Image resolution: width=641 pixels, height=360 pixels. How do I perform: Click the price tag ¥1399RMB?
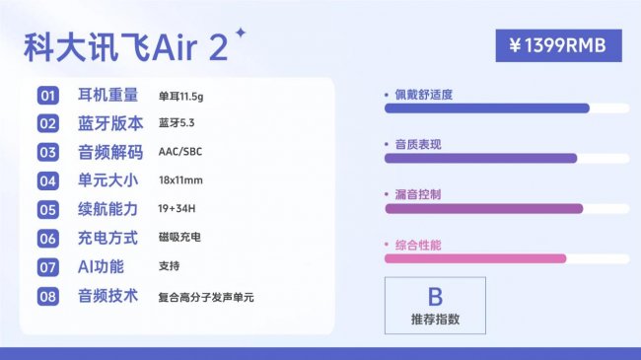point(559,44)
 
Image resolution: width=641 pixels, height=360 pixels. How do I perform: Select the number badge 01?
point(48,96)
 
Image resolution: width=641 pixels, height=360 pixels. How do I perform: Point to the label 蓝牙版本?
point(109,123)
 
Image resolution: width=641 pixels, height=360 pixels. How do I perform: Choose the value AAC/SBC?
point(180,152)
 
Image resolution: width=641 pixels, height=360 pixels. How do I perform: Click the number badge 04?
point(48,180)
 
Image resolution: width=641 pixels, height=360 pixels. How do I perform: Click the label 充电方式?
point(109,238)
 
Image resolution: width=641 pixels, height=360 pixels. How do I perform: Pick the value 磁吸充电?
point(179,238)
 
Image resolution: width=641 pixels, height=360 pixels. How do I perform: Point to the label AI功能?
point(102,266)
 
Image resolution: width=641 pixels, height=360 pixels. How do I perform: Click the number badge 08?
point(48,296)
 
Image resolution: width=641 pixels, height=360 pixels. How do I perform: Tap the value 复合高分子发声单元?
point(206,296)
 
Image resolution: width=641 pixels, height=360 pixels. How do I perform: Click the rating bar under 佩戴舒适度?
point(486,108)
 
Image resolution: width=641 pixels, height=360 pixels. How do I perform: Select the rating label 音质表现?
point(418,144)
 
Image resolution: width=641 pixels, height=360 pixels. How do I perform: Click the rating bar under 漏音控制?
point(483,208)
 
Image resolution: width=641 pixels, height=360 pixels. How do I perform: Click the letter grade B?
point(435,297)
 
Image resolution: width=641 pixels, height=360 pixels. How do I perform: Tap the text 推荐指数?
point(435,320)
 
